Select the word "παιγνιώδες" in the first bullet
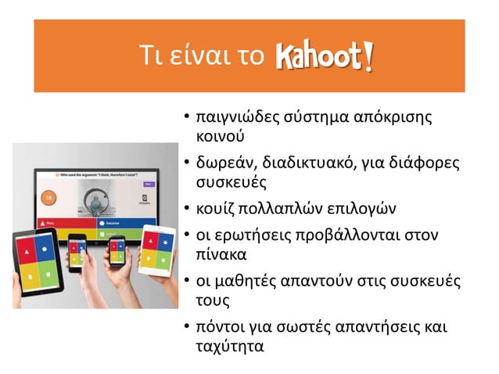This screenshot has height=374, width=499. [x=234, y=119]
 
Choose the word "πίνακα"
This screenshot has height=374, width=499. [x=217, y=254]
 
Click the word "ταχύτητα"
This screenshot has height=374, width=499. [x=229, y=344]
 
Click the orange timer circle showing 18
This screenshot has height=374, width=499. [x=48, y=196]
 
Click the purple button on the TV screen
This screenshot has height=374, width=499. [x=148, y=183]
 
